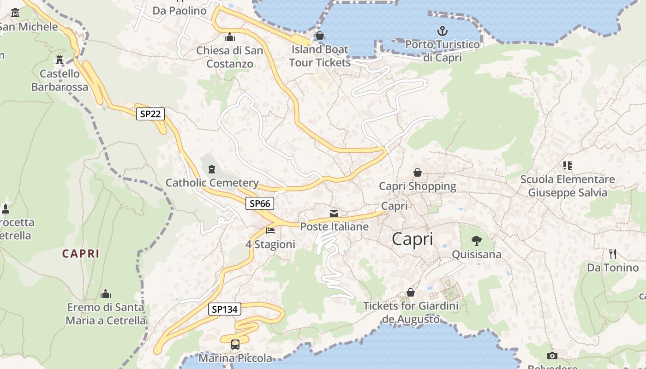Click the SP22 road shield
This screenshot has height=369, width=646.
pyautogui.click(x=150, y=113)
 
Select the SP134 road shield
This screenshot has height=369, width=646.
pyautogui.click(x=225, y=309)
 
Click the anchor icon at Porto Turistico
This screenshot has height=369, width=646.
pyautogui.click(x=443, y=31)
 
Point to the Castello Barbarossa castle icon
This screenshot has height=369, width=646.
pyautogui.click(x=60, y=60)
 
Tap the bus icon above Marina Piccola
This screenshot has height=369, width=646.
pyautogui.click(x=235, y=344)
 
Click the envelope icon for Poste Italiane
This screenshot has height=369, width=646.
pyautogui.click(x=334, y=213)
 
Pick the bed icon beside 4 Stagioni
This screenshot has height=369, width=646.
pyautogui.click(x=270, y=230)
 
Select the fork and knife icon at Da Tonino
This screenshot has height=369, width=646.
pyautogui.click(x=613, y=254)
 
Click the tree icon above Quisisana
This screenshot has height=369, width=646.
pyautogui.click(x=476, y=240)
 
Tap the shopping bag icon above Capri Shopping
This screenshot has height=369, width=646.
pyautogui.click(x=418, y=173)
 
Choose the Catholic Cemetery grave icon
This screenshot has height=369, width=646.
pyautogui.click(x=212, y=169)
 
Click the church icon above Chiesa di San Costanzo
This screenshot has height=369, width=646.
pyautogui.click(x=229, y=37)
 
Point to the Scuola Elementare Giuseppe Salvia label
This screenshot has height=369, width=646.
pyautogui.click(x=568, y=186)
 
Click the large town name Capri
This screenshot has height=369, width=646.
pyautogui.click(x=413, y=239)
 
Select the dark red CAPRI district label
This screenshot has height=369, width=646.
pyautogui.click(x=81, y=253)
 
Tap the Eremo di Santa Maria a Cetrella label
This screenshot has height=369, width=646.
pyautogui.click(x=106, y=314)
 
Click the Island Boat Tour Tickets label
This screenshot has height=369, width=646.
pyautogui.click(x=320, y=56)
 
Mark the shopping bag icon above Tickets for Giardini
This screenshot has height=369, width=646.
pyautogui.click(x=410, y=292)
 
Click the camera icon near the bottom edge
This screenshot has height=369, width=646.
pyautogui.click(x=552, y=356)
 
